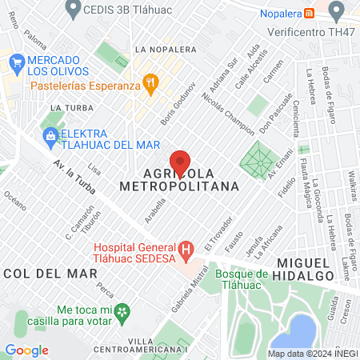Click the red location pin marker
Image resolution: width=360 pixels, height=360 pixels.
tap(181, 162)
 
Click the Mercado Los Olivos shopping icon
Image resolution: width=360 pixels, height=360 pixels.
tap(15, 61)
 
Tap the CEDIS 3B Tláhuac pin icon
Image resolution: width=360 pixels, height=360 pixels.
tap(74, 10)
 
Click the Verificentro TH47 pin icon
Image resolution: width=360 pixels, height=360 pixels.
tap(337, 10)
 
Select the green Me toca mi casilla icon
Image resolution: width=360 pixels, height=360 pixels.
tap(121, 311)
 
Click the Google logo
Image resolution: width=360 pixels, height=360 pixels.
tap(26, 350)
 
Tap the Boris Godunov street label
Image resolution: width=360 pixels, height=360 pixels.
tap(166, 102)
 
